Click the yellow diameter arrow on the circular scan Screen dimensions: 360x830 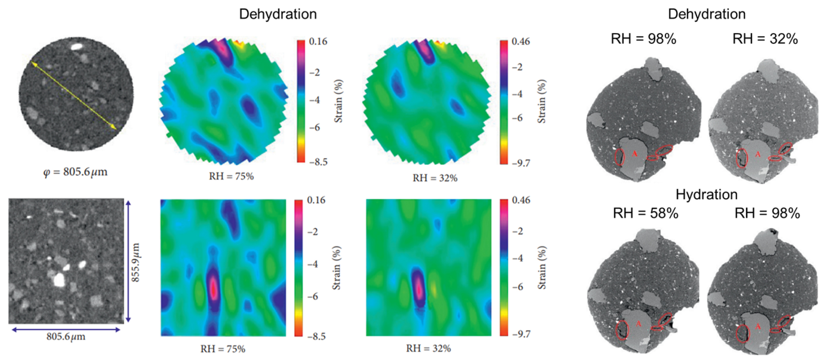click(73, 95)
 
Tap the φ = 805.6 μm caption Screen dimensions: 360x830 click(75, 172)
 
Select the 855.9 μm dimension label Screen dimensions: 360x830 click(135, 262)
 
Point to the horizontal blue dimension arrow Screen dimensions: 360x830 click(66, 330)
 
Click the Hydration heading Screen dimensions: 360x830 click(706, 194)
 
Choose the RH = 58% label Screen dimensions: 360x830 click(645, 213)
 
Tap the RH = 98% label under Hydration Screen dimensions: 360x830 click(767, 213)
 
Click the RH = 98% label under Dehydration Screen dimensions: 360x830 click(643, 39)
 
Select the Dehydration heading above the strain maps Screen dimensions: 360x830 click(278, 14)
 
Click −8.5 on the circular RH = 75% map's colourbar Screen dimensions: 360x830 click(318, 162)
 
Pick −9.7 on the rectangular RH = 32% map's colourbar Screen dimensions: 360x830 click(521, 334)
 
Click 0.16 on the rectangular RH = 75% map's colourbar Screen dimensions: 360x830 click(316, 200)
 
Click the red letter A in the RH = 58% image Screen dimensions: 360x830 click(638, 323)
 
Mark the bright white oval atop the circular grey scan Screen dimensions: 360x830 click(77, 47)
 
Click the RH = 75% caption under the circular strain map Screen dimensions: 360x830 click(231, 176)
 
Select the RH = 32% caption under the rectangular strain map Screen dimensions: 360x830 click(428, 348)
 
